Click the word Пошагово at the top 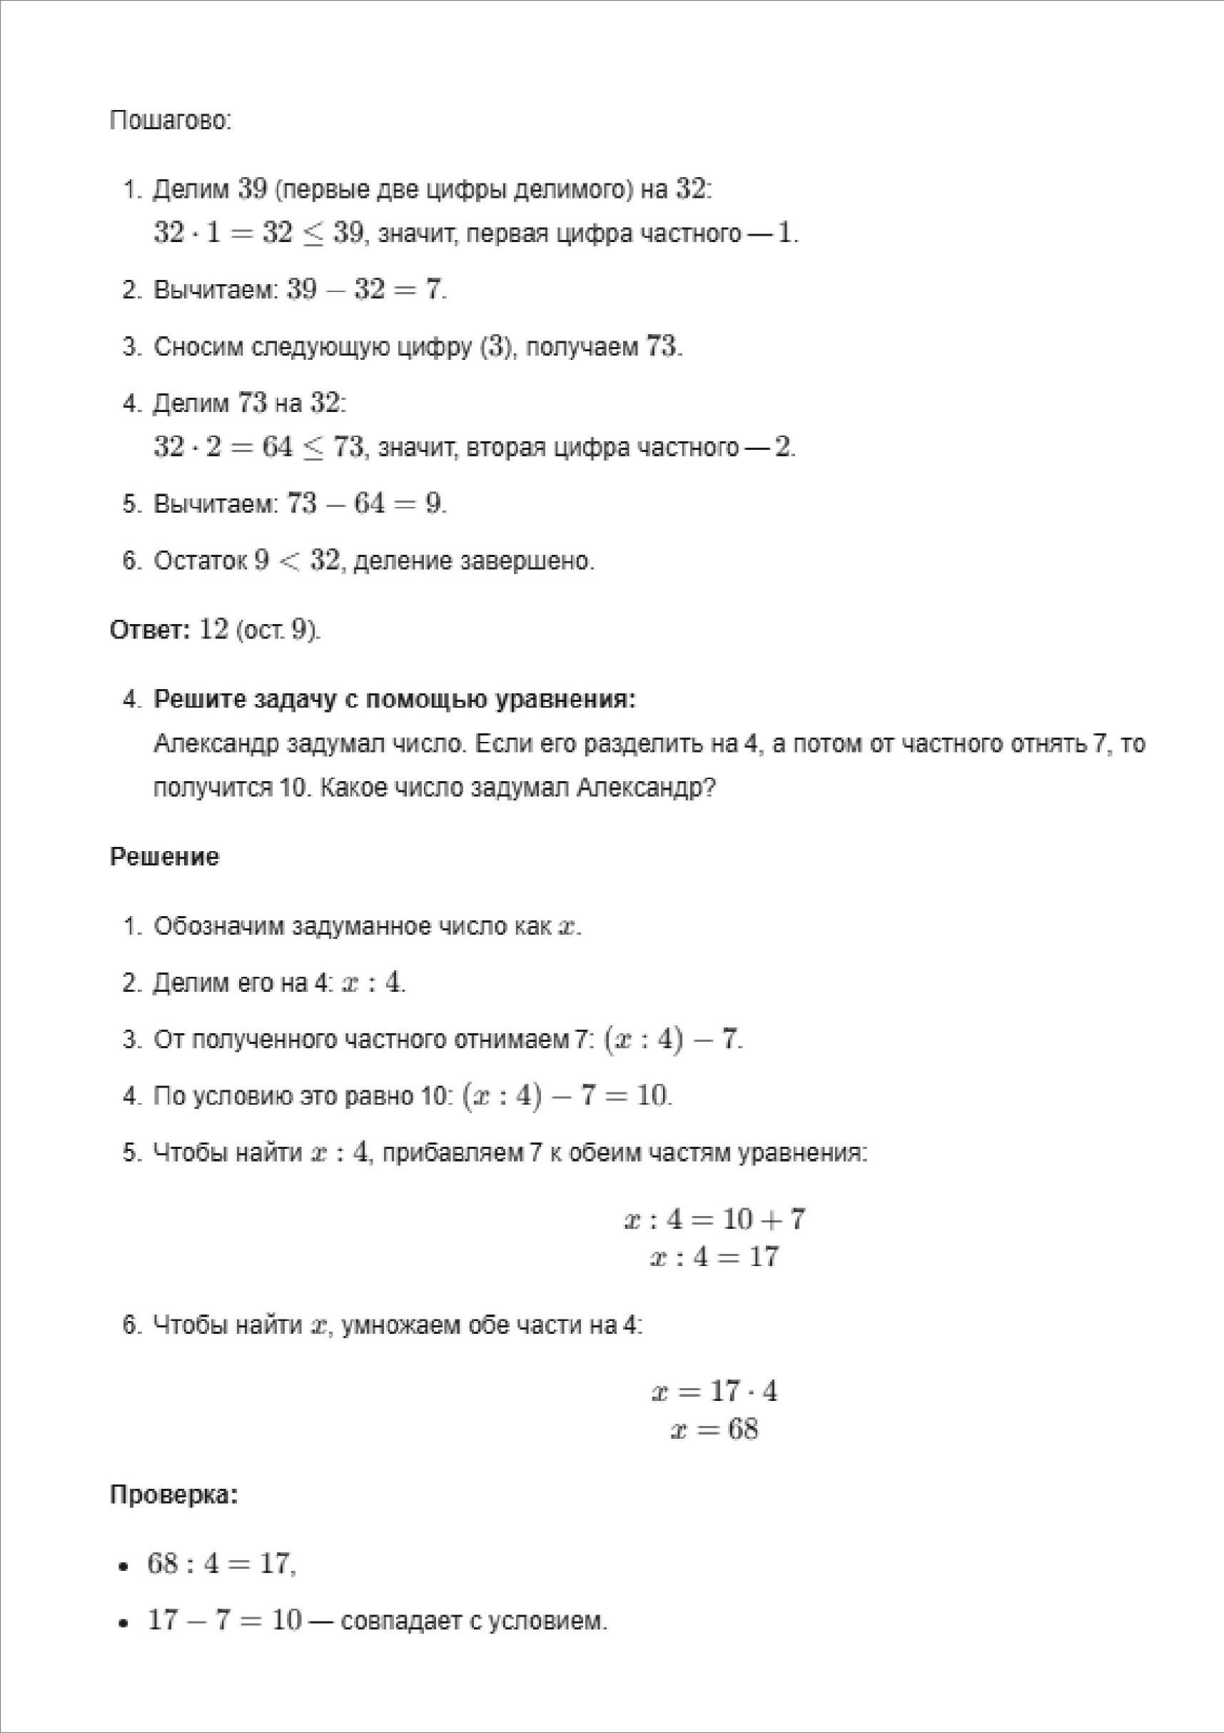[170, 121]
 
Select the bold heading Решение [164, 858]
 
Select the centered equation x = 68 [714, 1430]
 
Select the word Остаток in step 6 [200, 561]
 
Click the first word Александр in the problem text [216, 744]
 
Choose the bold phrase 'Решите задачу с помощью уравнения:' [395, 700]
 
